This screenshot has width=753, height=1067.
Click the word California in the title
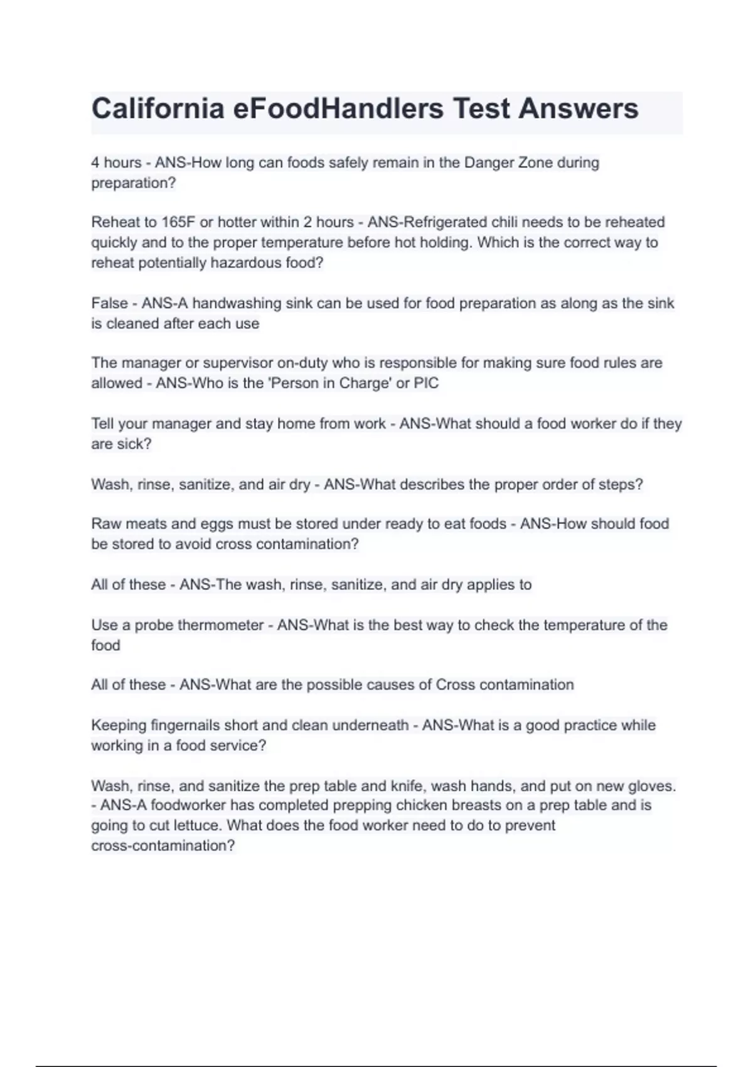(158, 109)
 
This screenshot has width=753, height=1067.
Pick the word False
(109, 303)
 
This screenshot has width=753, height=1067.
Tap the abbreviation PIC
(426, 383)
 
